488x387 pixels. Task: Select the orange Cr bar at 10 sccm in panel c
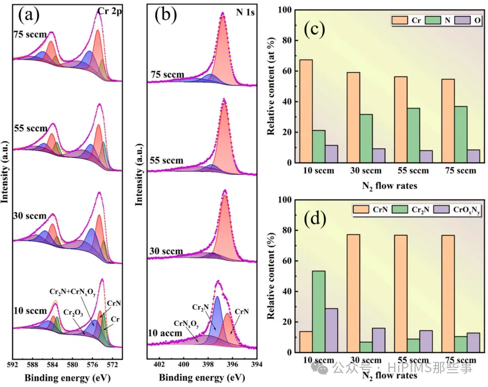pyautogui.click(x=306, y=111)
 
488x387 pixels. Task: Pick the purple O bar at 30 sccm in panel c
pyautogui.click(x=378, y=156)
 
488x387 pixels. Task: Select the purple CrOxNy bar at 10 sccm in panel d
pyautogui.click(x=331, y=330)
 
